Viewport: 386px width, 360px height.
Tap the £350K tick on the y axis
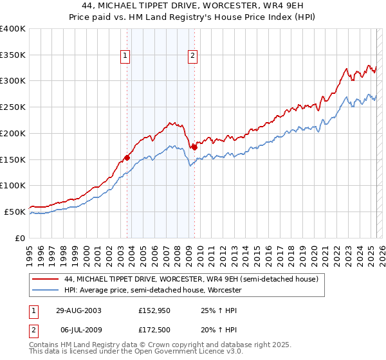(13, 55)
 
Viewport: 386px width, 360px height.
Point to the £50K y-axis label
(15, 212)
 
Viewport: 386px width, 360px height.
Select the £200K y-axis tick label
(13, 134)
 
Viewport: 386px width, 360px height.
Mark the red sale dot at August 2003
(127, 157)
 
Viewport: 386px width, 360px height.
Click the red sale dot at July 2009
(194, 147)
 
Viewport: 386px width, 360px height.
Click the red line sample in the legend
(45, 279)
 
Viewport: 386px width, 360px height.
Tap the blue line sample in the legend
(45, 291)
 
